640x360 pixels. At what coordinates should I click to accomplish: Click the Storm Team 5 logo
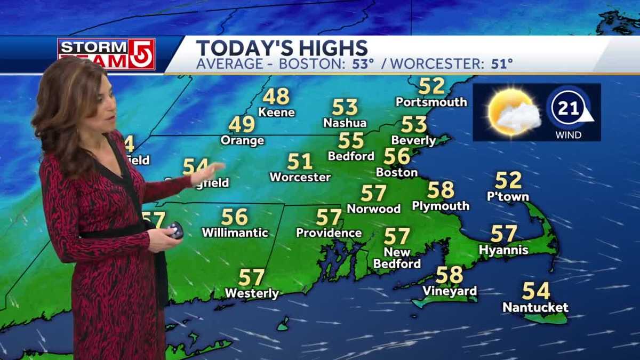click(x=106, y=54)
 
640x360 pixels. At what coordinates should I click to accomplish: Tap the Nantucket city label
click(x=535, y=308)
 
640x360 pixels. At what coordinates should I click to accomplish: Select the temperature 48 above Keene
click(x=276, y=97)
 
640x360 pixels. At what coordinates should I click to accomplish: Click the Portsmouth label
click(x=431, y=102)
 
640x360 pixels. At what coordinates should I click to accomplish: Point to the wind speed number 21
click(x=569, y=109)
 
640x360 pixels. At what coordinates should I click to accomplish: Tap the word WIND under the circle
click(x=569, y=135)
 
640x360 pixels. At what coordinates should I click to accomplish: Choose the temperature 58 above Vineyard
click(x=449, y=275)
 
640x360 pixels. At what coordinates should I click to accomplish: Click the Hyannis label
click(x=503, y=250)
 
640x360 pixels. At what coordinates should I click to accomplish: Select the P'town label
click(x=508, y=197)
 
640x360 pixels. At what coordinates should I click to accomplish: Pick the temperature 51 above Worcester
click(x=300, y=161)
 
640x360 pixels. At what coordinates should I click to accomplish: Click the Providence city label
click(x=329, y=233)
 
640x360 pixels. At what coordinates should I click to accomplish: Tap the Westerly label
click(x=252, y=293)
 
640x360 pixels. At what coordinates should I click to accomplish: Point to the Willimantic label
click(x=235, y=233)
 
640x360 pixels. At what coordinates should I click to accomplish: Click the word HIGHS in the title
click(x=334, y=48)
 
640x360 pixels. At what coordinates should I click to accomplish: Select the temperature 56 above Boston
click(x=397, y=156)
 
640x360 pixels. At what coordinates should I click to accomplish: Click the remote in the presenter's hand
click(x=175, y=230)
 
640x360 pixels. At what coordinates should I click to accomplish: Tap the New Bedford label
click(x=397, y=258)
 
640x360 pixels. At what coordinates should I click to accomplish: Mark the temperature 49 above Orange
click(x=242, y=124)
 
